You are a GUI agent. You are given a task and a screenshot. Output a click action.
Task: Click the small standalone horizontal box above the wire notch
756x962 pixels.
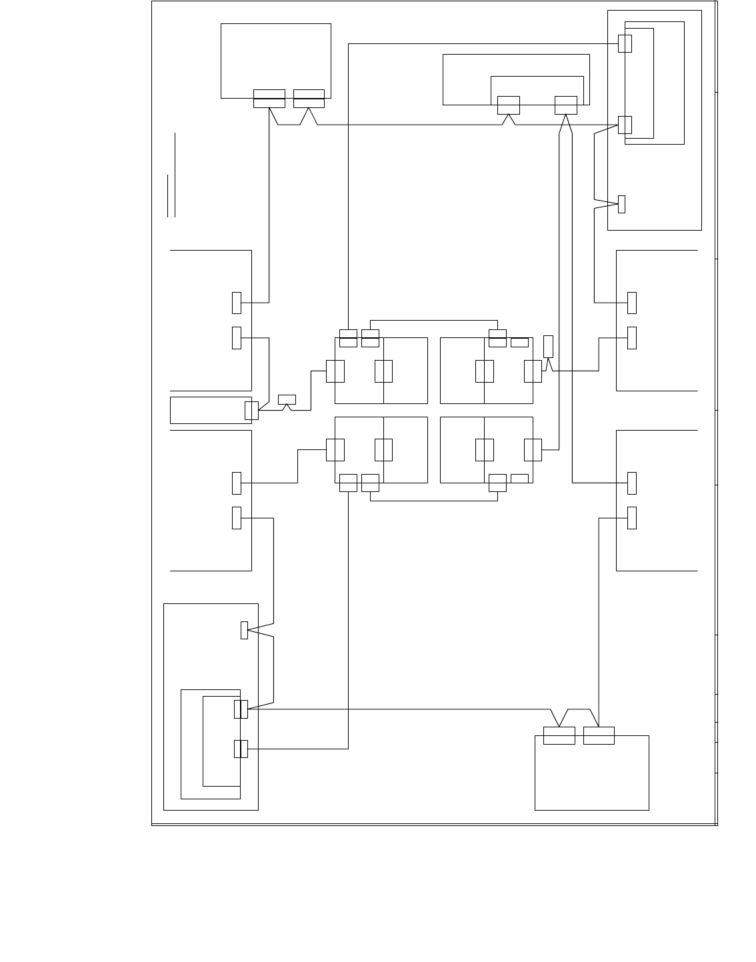point(287,399)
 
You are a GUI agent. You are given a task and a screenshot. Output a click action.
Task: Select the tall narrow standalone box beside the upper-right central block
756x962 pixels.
point(548,347)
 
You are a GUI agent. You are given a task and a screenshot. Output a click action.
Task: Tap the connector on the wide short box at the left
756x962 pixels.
point(251,411)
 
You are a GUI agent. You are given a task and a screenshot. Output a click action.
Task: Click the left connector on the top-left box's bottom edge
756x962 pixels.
point(269,98)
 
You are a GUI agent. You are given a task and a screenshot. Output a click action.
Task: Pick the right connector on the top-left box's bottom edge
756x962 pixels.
point(309,98)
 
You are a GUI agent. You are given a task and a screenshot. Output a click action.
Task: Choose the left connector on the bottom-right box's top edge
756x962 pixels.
point(559,735)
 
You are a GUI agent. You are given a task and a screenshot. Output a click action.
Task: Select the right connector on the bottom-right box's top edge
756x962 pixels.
point(599,735)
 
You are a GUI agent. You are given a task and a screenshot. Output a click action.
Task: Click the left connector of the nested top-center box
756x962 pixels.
point(508,105)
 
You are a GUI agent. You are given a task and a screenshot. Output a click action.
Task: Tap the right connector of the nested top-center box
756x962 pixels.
point(565,105)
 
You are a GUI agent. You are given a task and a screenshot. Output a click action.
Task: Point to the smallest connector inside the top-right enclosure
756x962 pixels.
point(621,204)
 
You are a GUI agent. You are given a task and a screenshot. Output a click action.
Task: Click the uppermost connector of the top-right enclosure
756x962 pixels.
point(625,43)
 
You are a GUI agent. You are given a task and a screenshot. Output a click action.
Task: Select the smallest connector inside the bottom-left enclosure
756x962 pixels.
point(244,630)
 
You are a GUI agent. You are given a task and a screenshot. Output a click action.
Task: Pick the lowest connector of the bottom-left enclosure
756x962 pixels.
point(241,749)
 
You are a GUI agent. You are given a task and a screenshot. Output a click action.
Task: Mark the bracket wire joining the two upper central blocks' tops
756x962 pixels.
point(433,320)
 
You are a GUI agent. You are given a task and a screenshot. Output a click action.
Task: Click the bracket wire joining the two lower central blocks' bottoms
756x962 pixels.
point(433,500)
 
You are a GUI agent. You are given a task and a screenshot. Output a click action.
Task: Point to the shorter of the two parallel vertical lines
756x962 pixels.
point(167,196)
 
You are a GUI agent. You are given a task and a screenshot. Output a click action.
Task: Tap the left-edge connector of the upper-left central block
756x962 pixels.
point(335,371)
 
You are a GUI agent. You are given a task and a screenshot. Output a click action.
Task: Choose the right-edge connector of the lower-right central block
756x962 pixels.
point(533,450)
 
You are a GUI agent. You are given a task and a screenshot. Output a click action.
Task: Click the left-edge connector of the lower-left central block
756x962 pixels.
point(335,450)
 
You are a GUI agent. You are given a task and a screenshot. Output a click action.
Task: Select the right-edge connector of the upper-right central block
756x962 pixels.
point(533,371)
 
